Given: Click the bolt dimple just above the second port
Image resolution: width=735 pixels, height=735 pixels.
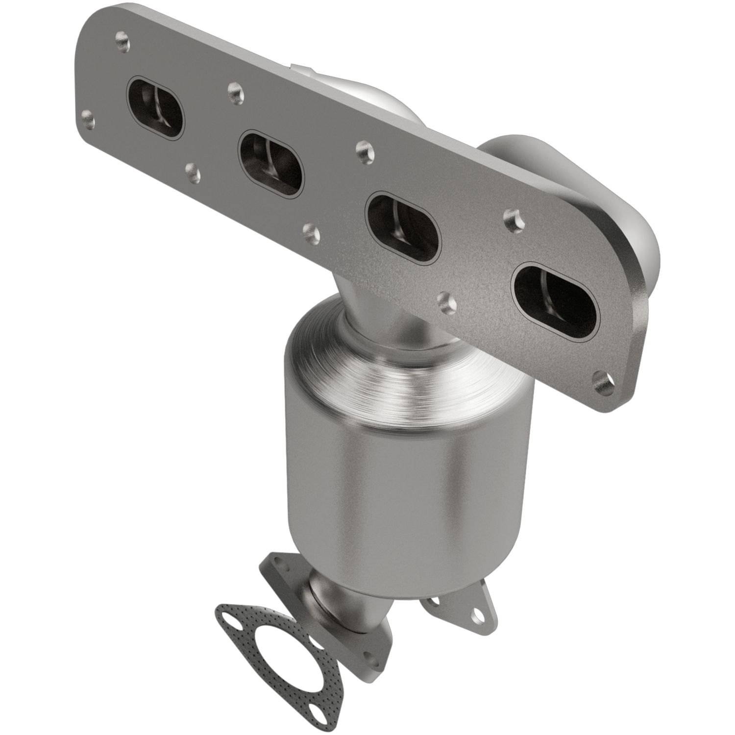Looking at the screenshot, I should point(235,89).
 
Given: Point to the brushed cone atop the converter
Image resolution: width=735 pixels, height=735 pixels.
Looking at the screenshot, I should point(392,363).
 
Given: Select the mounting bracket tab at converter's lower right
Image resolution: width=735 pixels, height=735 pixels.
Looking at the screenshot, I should point(461,603).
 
